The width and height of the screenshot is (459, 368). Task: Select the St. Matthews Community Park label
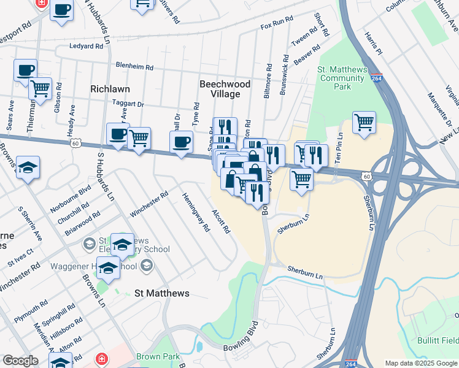tap(341, 78)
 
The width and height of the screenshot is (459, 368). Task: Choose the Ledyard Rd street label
tap(86, 46)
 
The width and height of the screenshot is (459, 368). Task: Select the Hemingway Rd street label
tap(196, 212)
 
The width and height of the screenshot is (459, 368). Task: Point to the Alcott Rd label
tap(220, 222)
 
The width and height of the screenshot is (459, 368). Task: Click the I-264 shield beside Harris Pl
tap(376, 78)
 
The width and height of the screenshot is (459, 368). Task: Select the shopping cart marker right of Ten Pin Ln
tap(364, 123)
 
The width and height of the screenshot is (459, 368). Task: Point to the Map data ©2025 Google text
tap(421, 363)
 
